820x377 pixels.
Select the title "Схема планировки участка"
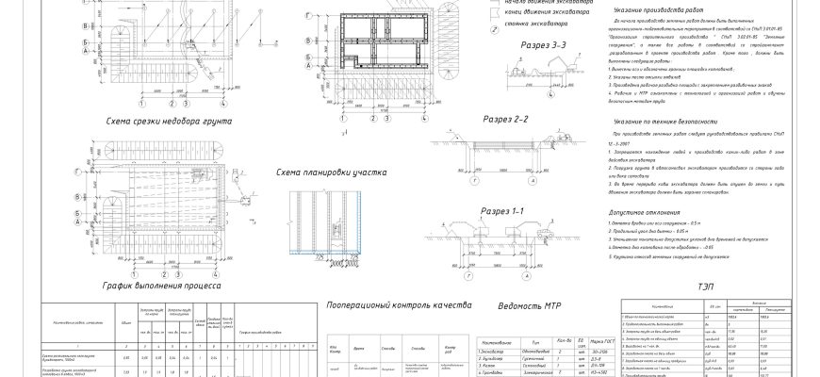[325, 172]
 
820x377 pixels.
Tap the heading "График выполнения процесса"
[161, 283]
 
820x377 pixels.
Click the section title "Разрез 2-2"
[505, 119]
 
